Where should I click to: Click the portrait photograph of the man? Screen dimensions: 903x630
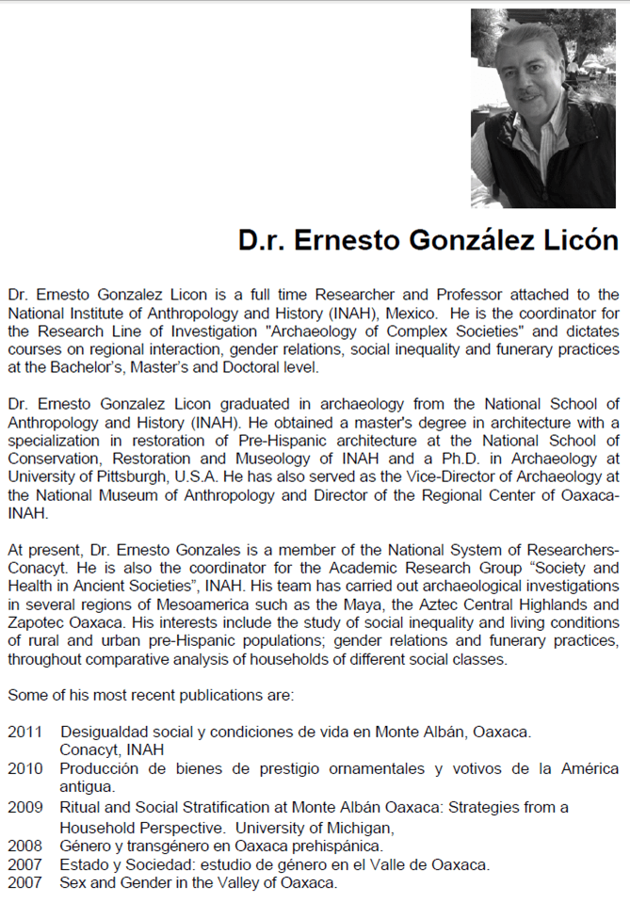pos(542,108)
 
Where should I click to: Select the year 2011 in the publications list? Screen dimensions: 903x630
pos(24,732)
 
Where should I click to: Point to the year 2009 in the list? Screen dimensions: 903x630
pos(24,807)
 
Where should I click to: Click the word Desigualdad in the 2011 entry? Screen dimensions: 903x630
pos(104,732)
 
